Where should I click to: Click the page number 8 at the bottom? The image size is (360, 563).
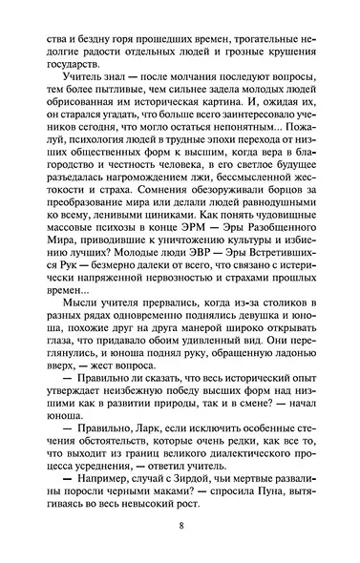tap(180, 532)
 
